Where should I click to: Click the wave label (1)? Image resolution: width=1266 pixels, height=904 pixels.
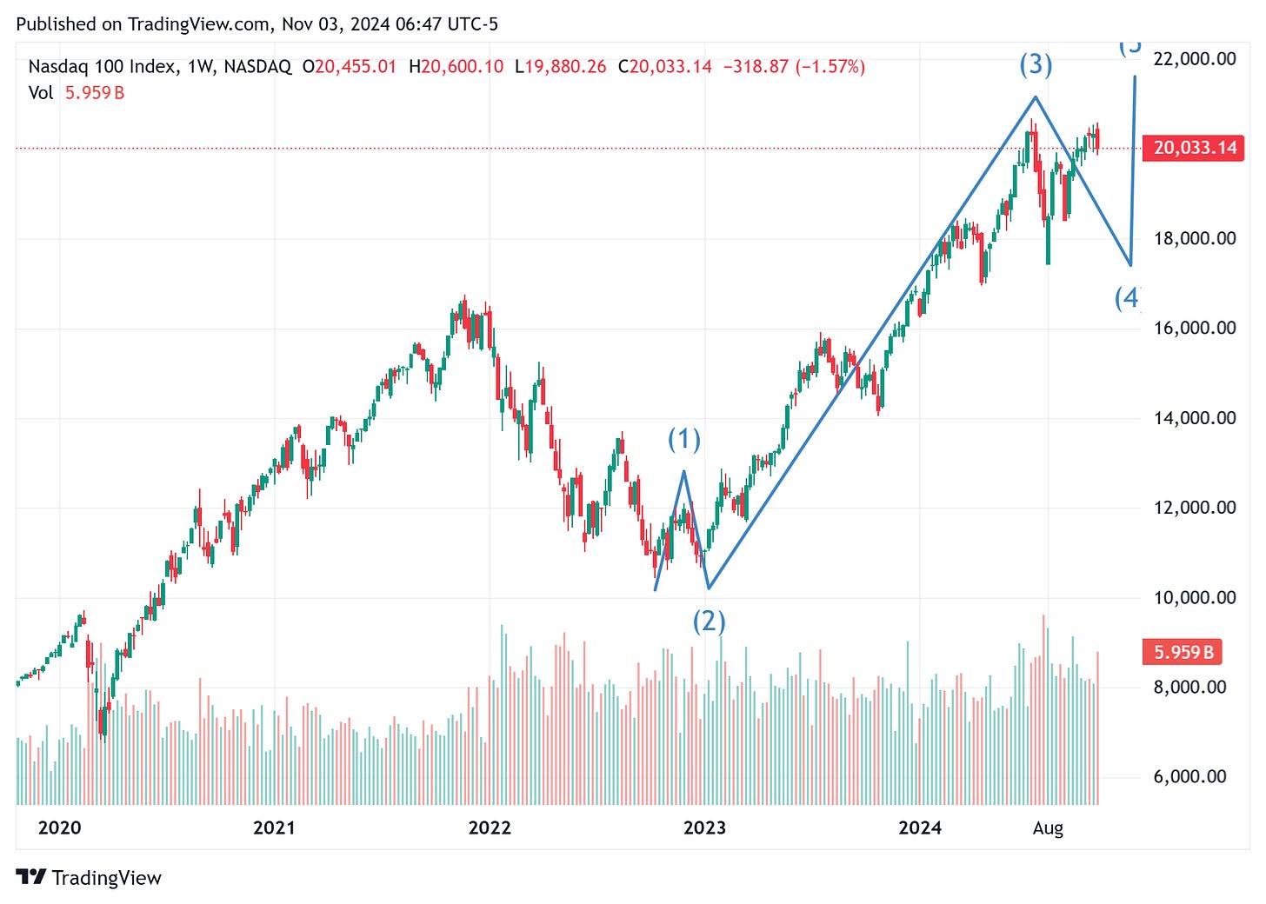pyautogui.click(x=683, y=440)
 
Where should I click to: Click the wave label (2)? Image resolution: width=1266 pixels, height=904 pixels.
pyautogui.click(x=709, y=621)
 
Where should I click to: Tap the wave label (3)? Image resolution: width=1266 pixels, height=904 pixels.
pyautogui.click(x=1036, y=65)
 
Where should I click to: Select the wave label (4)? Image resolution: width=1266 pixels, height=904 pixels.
pyautogui.click(x=1127, y=298)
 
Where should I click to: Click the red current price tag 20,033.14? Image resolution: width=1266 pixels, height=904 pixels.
pyautogui.click(x=1195, y=148)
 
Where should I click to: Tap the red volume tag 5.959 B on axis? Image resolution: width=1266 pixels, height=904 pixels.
pyautogui.click(x=1183, y=652)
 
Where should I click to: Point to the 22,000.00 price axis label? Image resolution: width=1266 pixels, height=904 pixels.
pyautogui.click(x=1194, y=59)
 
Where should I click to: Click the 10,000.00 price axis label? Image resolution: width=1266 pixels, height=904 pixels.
pyautogui.click(x=1194, y=597)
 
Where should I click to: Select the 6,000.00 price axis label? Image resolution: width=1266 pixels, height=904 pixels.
pyautogui.click(x=1194, y=776)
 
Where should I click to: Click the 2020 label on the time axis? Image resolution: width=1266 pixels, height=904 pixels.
pyautogui.click(x=59, y=828)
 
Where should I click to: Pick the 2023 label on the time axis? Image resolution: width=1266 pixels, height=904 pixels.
pyautogui.click(x=704, y=828)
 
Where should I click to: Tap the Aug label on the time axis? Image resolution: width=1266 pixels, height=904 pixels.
pyautogui.click(x=1048, y=828)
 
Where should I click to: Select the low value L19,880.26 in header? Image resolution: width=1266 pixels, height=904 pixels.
pyautogui.click(x=560, y=67)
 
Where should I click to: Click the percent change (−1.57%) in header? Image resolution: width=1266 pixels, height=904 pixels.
pyautogui.click(x=830, y=67)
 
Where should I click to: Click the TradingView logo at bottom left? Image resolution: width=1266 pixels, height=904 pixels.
pyautogui.click(x=89, y=878)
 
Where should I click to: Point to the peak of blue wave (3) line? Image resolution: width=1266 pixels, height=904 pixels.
pyautogui.click(x=1035, y=96)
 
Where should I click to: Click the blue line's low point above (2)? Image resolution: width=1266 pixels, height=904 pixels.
pyautogui.click(x=709, y=588)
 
